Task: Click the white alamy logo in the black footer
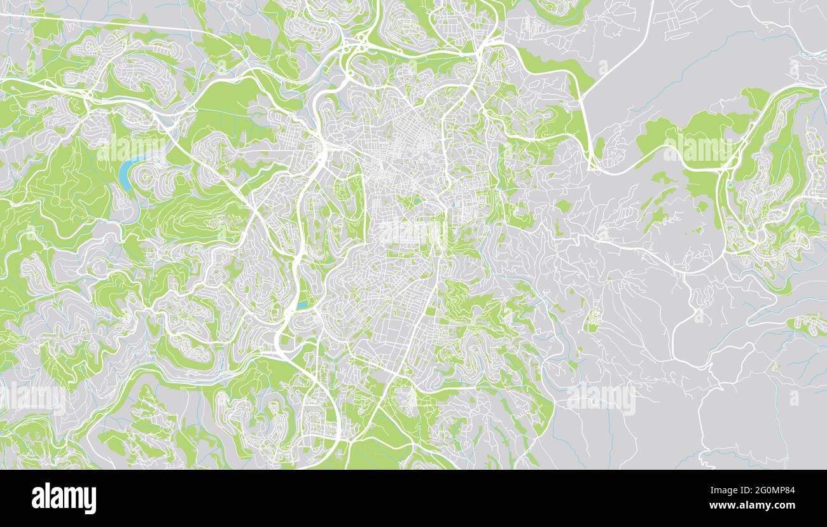pyautogui.click(x=64, y=498)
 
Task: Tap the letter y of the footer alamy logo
pyautogui.click(x=90, y=500)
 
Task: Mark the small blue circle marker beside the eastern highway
pyautogui.click(x=730, y=186)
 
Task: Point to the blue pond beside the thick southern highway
pyautogui.click(x=302, y=305)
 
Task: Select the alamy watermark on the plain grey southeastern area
pyautogui.click(x=601, y=399)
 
